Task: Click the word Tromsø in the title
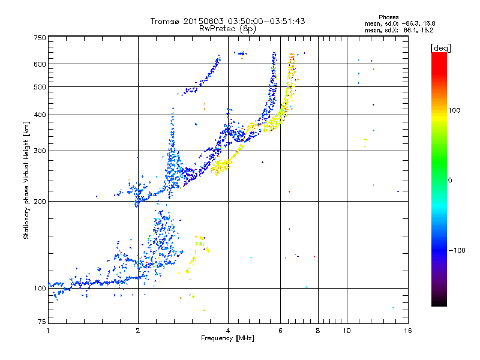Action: pyautogui.click(x=164, y=21)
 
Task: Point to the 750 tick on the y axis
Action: pyautogui.click(x=40, y=38)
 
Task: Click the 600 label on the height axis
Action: pyautogui.click(x=40, y=64)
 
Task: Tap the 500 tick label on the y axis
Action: pyautogui.click(x=40, y=87)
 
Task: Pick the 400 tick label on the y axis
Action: pyautogui.click(x=40, y=115)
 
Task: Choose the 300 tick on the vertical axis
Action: pyautogui.click(x=40, y=151)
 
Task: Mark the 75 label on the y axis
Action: pyautogui.click(x=41, y=323)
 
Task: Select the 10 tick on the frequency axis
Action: pyautogui.click(x=346, y=331)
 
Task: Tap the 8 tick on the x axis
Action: pyautogui.click(x=318, y=331)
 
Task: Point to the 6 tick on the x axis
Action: pyautogui.click(x=280, y=331)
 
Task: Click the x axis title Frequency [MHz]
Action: pyautogui.click(x=227, y=338)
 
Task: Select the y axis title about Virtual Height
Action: pyautogui.click(x=26, y=181)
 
